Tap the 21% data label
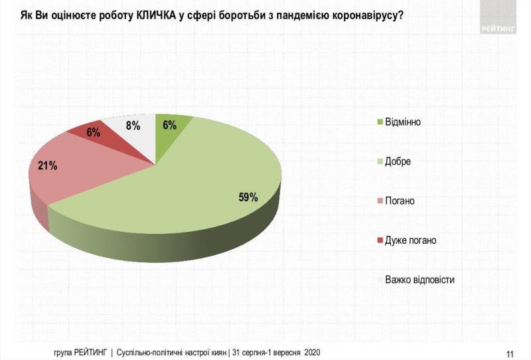(x=47, y=166)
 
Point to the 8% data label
(x=133, y=124)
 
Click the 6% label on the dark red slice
(x=93, y=132)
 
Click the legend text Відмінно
(x=403, y=122)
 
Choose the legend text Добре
(x=398, y=161)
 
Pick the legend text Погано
(x=400, y=201)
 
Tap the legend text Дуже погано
(x=410, y=240)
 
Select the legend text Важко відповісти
(x=419, y=280)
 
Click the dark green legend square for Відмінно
(x=379, y=122)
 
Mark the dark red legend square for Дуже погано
(x=379, y=240)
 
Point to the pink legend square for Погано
(x=379, y=201)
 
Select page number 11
(x=510, y=352)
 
